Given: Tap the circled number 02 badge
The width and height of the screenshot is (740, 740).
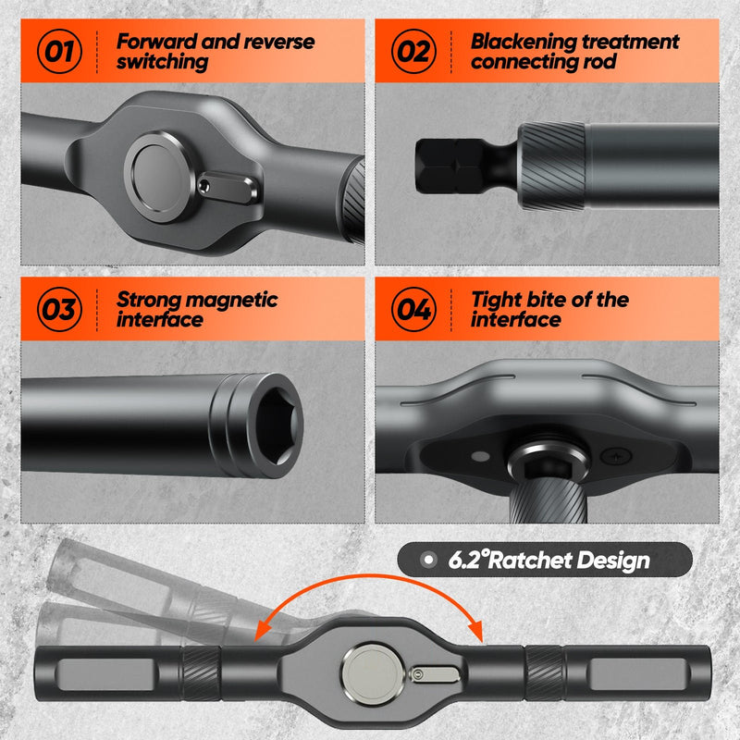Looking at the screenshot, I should (x=414, y=51).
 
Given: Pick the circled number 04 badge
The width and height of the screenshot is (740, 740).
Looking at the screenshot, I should (x=414, y=310).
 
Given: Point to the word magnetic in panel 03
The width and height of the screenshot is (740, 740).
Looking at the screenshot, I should (x=231, y=300).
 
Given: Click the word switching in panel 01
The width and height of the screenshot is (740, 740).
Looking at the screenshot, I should (x=162, y=63).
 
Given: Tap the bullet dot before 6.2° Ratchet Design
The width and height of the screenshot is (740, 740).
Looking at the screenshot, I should (x=426, y=560).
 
